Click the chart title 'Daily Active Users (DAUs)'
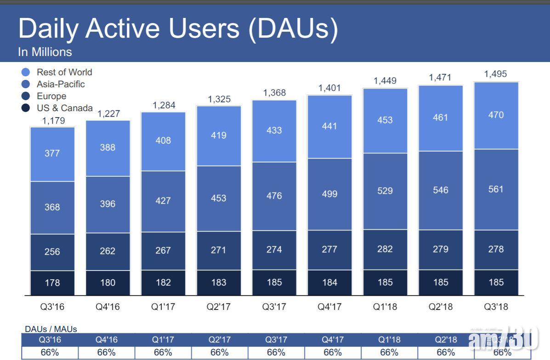pos(178,28)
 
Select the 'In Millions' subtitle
pos(45,52)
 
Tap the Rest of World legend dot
pos(26,72)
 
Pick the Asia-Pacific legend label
pos(61,84)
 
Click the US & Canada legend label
pos(65,108)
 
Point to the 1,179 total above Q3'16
pos(54,121)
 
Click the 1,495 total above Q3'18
pos(496,74)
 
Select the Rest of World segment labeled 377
pos(52,153)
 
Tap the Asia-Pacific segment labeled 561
pos(496,189)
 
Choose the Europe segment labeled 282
pos(385,249)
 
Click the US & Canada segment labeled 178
pos(52,282)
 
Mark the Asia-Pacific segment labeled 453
pos(219,198)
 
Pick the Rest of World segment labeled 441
pos(329,126)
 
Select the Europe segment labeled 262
pos(108,251)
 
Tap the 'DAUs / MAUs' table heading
pos(51,329)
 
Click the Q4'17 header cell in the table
pos(333,340)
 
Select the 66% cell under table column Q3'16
pos(50,353)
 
